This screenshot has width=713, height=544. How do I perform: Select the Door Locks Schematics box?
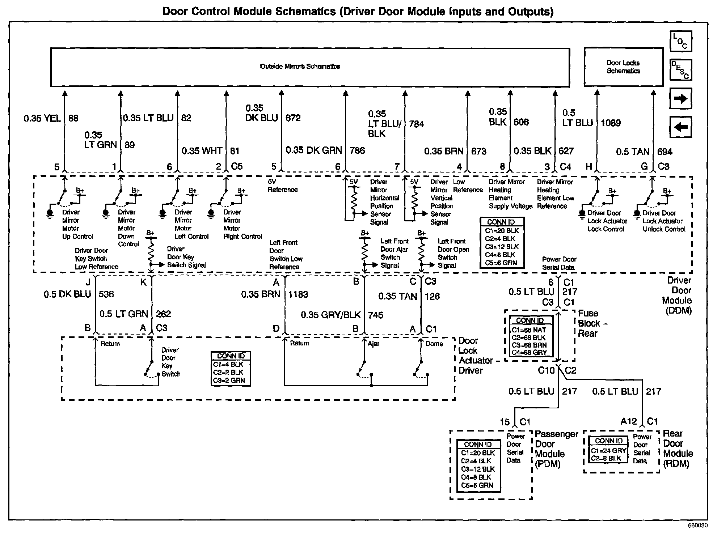[x=623, y=67]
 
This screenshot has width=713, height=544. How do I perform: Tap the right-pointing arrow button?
[x=680, y=98]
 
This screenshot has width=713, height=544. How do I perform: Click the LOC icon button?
[x=680, y=42]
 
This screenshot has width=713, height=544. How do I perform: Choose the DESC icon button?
[x=680, y=70]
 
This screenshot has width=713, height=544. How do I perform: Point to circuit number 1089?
[x=611, y=123]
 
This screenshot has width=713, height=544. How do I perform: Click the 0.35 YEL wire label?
[x=42, y=118]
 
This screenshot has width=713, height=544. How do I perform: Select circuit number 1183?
[x=298, y=294]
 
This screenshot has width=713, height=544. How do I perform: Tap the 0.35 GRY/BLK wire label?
[x=331, y=315]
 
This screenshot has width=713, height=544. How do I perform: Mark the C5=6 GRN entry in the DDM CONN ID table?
[x=501, y=263]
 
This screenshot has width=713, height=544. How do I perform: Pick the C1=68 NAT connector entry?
[x=529, y=330]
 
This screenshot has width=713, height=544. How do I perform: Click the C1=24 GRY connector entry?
[x=608, y=451]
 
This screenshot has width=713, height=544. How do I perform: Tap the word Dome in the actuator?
[x=434, y=344]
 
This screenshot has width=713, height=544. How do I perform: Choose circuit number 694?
[x=665, y=152]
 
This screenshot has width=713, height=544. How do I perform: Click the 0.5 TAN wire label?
[x=633, y=152]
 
